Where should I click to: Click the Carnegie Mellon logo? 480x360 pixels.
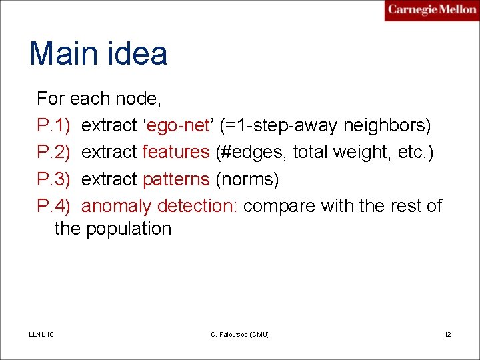431,10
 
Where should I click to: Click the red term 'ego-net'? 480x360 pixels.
179,125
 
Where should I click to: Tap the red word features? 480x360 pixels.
176,152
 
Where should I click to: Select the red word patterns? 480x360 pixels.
176,179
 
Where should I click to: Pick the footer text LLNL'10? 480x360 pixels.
42,334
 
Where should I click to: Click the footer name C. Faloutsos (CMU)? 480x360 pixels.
239,334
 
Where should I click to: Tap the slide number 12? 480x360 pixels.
447,334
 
